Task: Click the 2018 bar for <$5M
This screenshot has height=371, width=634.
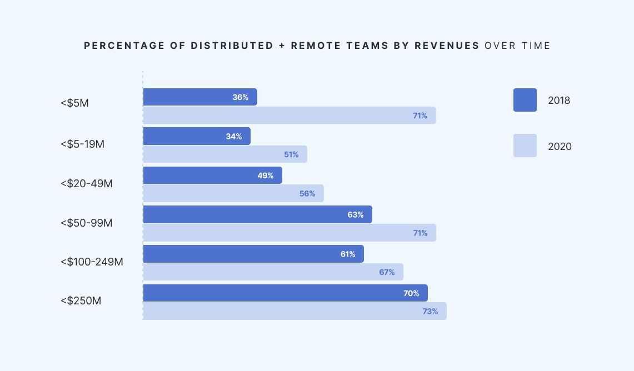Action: coord(200,97)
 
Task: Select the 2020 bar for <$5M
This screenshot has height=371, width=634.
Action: coord(289,116)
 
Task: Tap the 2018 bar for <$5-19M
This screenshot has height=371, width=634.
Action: coord(197,136)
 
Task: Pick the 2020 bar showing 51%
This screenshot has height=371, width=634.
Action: coord(225,154)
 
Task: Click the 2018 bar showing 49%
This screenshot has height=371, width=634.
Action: coord(212,176)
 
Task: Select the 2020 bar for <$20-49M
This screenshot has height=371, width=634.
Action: coord(233,194)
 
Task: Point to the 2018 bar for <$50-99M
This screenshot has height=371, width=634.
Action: coord(257,214)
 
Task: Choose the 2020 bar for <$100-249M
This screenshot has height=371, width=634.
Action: coord(273,272)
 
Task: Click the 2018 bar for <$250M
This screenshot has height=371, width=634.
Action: coord(285,293)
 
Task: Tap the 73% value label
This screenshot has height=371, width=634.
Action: coord(430,312)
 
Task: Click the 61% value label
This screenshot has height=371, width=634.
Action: coord(348,254)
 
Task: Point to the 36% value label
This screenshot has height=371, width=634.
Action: coord(240,97)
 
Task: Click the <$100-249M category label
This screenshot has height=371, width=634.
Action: coord(92,261)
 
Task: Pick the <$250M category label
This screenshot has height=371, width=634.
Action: coord(81,301)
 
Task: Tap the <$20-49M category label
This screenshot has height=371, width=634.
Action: coord(87,183)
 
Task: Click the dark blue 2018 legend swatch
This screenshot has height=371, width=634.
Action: coord(525,100)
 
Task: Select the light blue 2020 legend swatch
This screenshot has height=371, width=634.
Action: coord(525,146)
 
